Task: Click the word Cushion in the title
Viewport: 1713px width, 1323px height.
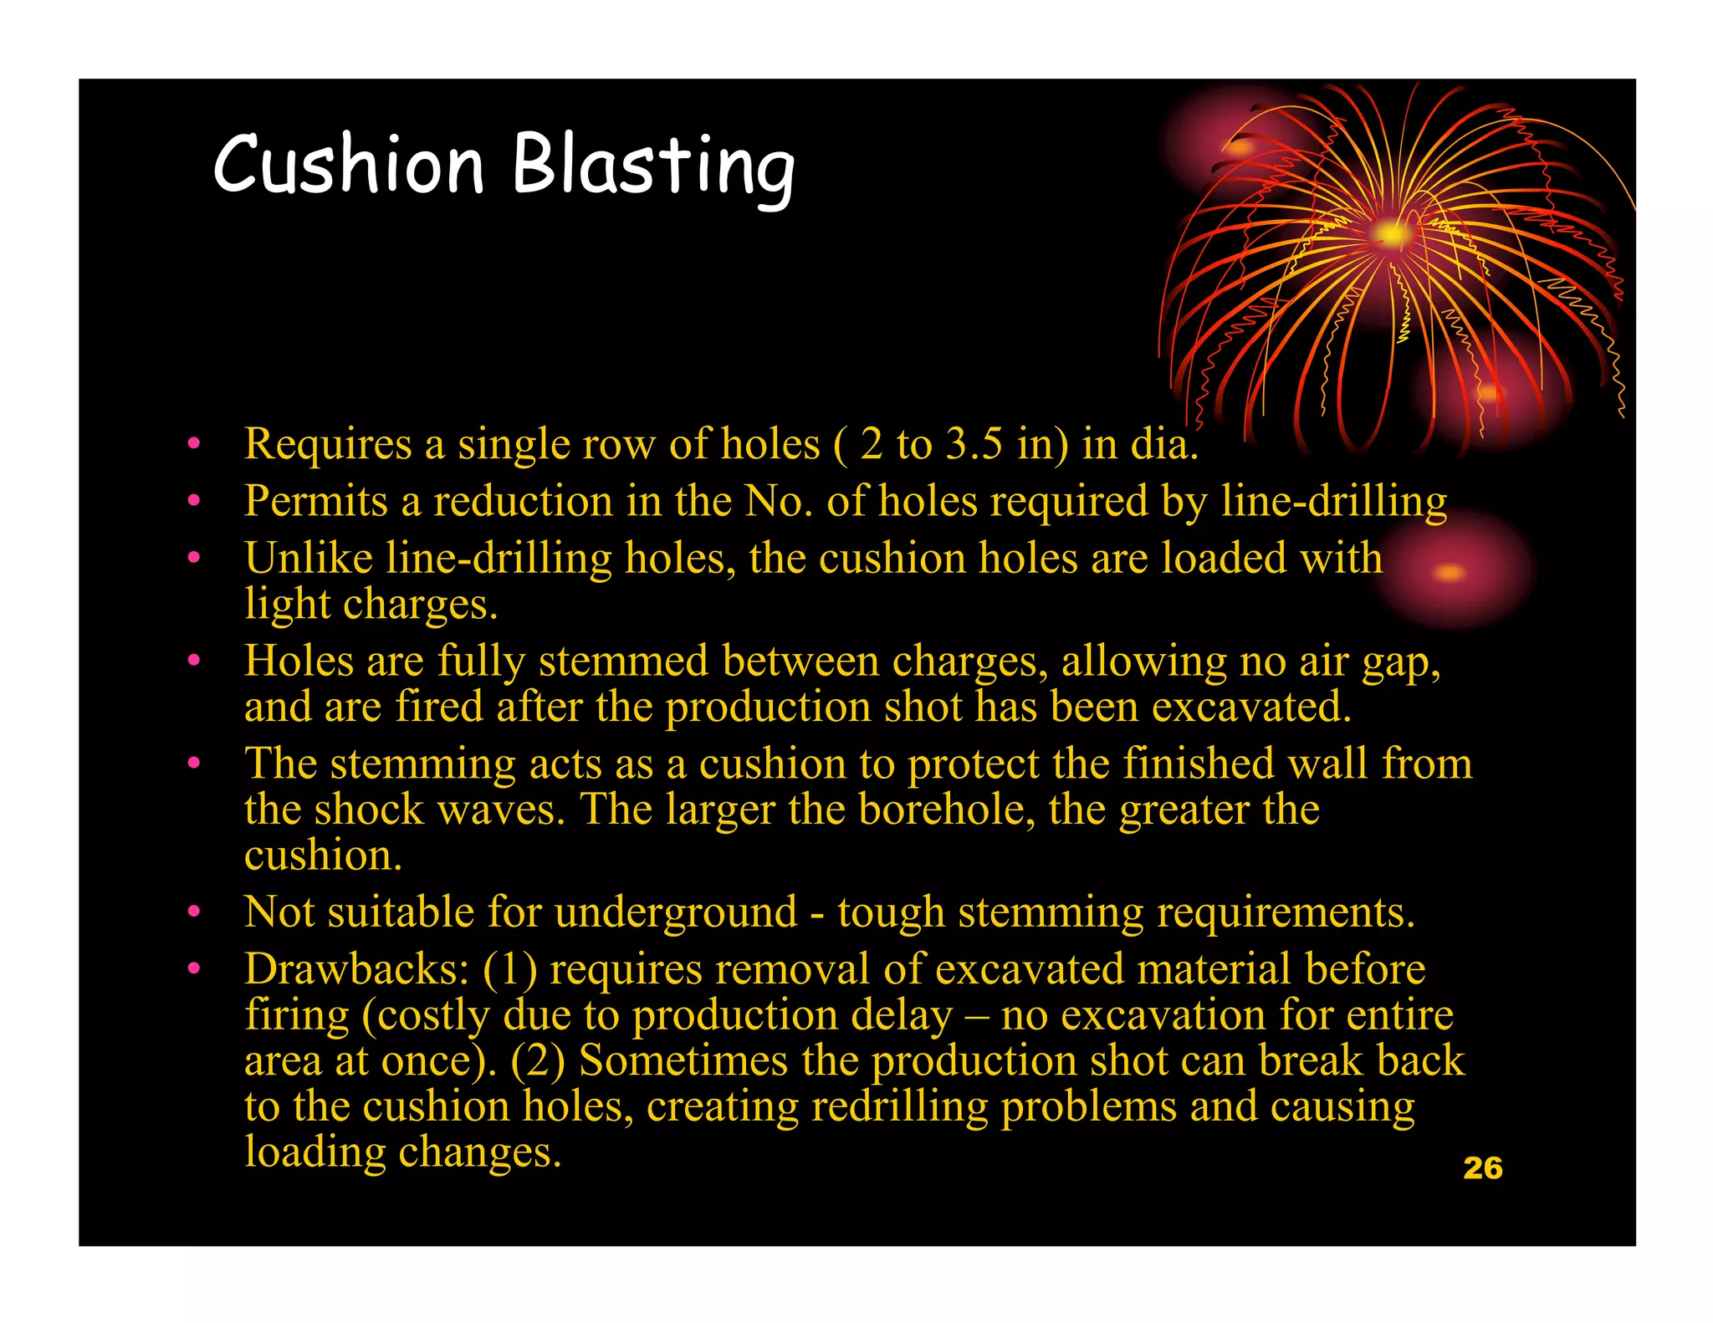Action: click(x=349, y=164)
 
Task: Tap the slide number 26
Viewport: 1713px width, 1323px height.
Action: click(x=1483, y=1168)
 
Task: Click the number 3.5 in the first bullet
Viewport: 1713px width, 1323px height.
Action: click(x=974, y=443)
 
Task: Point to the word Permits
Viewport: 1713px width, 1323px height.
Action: click(x=316, y=501)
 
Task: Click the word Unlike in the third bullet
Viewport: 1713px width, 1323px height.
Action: click(x=309, y=558)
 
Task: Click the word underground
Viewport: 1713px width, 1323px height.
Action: click(x=676, y=912)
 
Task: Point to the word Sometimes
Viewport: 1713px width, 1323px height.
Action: click(x=683, y=1060)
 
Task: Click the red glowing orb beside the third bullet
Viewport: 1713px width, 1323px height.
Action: click(x=1450, y=572)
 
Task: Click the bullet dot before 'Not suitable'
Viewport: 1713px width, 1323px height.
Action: click(x=194, y=912)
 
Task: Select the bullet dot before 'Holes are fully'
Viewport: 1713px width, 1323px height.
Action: click(x=194, y=661)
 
